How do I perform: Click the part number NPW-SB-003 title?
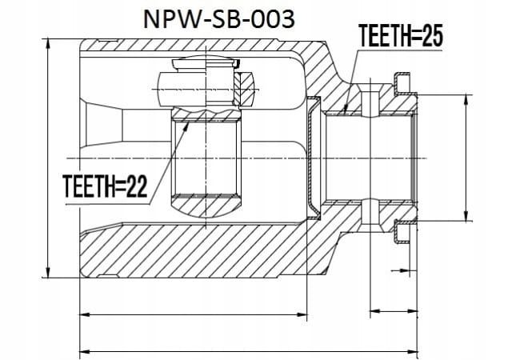(x=218, y=19)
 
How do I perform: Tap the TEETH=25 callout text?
(x=400, y=36)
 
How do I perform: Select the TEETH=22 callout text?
(x=105, y=186)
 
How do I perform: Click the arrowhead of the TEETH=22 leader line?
(x=186, y=126)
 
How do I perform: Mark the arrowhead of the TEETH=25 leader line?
(x=347, y=109)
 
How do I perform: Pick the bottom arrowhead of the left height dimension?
(x=48, y=272)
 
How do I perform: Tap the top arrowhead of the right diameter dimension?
(x=466, y=100)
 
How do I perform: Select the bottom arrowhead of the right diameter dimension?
(x=466, y=216)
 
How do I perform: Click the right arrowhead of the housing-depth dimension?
(x=302, y=315)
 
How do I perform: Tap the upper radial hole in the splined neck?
(x=370, y=101)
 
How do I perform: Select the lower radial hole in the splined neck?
(x=370, y=216)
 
